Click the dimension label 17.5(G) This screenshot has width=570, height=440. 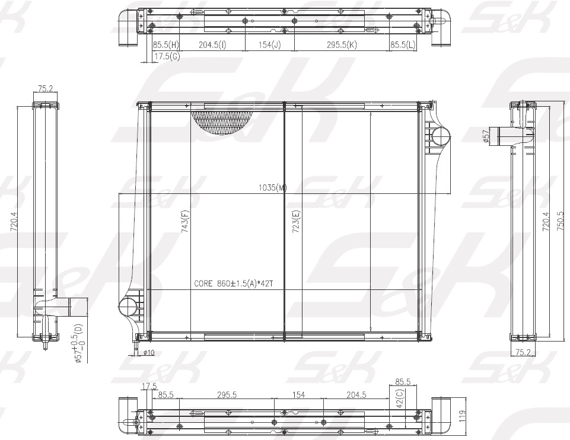tap(167, 56)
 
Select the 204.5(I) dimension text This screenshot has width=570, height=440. tap(212, 44)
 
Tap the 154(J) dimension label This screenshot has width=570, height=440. tap(270, 44)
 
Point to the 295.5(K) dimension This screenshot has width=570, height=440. tap(342, 44)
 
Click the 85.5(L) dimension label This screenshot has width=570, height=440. tap(403, 44)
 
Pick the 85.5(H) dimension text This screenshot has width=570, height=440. tap(165, 44)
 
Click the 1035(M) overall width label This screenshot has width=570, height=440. tap(273, 188)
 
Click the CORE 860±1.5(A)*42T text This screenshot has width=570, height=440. tap(233, 283)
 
